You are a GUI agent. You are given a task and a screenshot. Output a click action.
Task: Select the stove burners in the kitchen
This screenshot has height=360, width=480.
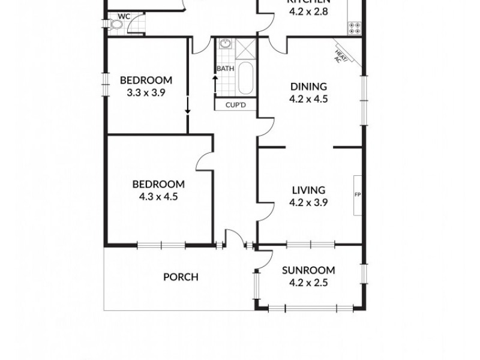355,27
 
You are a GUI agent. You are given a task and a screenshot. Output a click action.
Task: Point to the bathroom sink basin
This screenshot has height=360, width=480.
226,44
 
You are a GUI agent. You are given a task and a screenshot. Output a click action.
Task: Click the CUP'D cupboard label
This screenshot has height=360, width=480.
235,106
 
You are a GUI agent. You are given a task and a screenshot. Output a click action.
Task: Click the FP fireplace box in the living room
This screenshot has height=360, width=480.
358,195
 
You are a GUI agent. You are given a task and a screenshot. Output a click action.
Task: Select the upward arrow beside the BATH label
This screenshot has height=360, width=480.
215,83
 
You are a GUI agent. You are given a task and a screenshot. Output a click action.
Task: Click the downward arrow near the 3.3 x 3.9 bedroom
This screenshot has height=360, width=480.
188,105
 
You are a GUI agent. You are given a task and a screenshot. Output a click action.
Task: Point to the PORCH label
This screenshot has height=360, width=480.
181,277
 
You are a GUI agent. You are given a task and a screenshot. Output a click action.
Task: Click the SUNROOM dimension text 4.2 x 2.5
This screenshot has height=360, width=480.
308,283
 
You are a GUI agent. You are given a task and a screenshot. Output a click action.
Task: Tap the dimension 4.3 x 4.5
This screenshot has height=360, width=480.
158,196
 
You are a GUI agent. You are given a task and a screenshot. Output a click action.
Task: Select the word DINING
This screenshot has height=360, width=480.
308,86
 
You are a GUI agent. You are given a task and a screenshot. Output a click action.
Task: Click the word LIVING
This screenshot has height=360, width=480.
308,191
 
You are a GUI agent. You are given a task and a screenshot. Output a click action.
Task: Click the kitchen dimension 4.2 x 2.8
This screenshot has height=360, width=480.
308,11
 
